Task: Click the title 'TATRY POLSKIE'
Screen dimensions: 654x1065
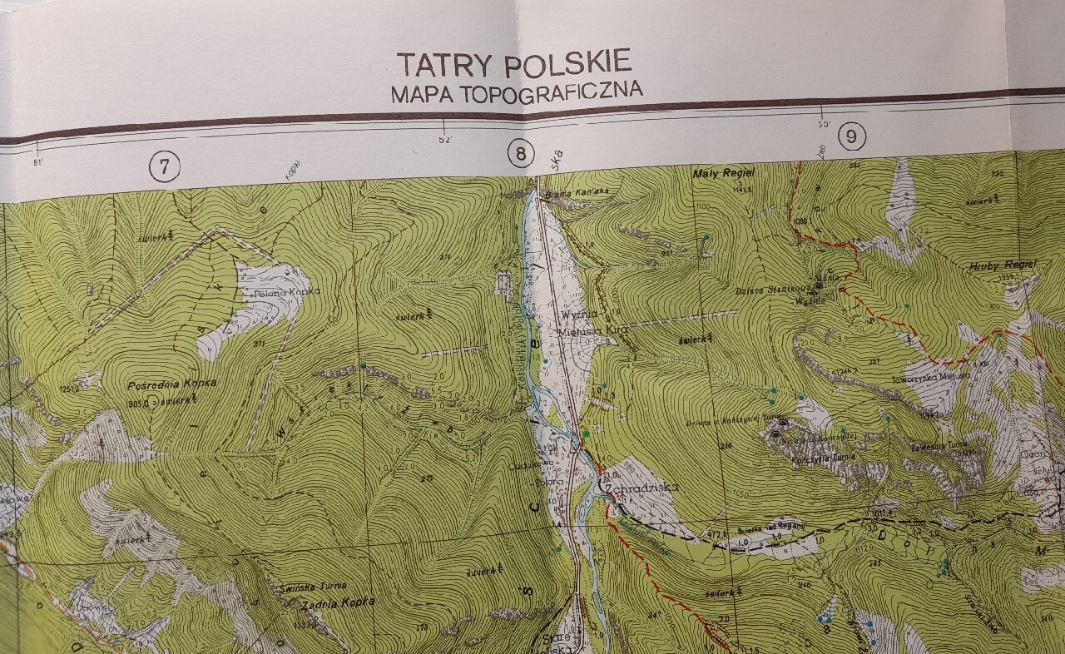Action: tap(514, 63)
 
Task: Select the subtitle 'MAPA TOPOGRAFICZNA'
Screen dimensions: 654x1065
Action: tap(517, 92)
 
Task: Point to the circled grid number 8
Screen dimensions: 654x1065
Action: tap(521, 154)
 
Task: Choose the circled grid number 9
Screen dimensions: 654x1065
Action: tap(850, 136)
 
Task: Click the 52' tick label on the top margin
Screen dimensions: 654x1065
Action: tap(445, 141)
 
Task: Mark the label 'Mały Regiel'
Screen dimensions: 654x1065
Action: tap(723, 173)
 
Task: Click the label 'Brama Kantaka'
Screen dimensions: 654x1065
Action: tap(569, 197)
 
